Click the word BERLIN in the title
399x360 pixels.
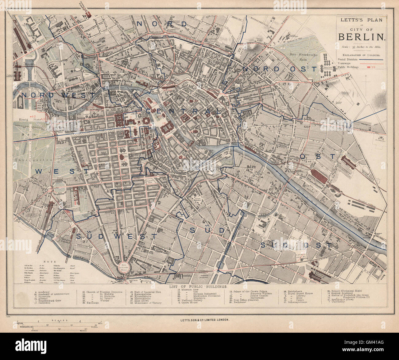[x=362, y=37]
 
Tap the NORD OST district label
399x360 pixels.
[x=279, y=69]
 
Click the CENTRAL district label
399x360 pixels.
[x=183, y=111]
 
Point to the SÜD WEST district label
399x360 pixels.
[x=117, y=236]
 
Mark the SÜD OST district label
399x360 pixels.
[x=296, y=245]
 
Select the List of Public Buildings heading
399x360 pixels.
[x=198, y=286]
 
